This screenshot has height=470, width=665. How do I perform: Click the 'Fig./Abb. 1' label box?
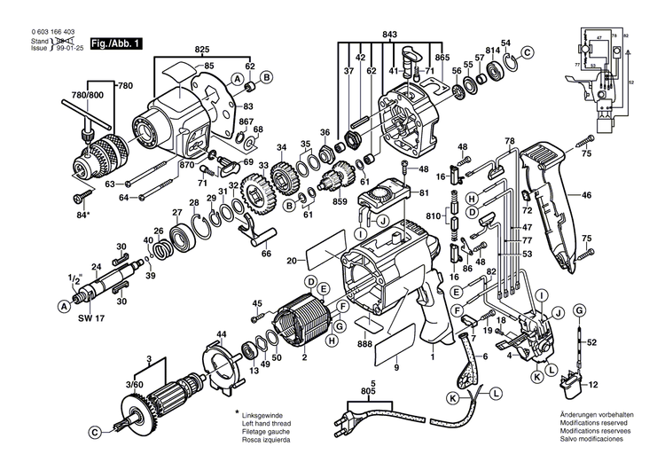click(x=118, y=43)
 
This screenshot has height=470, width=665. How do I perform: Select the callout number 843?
click(x=389, y=35)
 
